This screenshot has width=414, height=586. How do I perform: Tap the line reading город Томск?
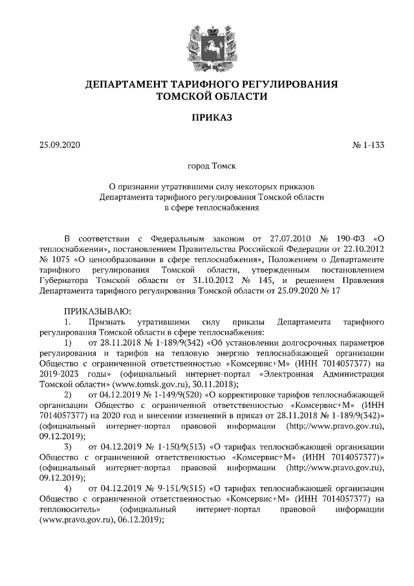(206, 166)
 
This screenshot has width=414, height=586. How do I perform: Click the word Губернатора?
(63, 281)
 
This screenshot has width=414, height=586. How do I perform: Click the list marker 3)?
(67, 447)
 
